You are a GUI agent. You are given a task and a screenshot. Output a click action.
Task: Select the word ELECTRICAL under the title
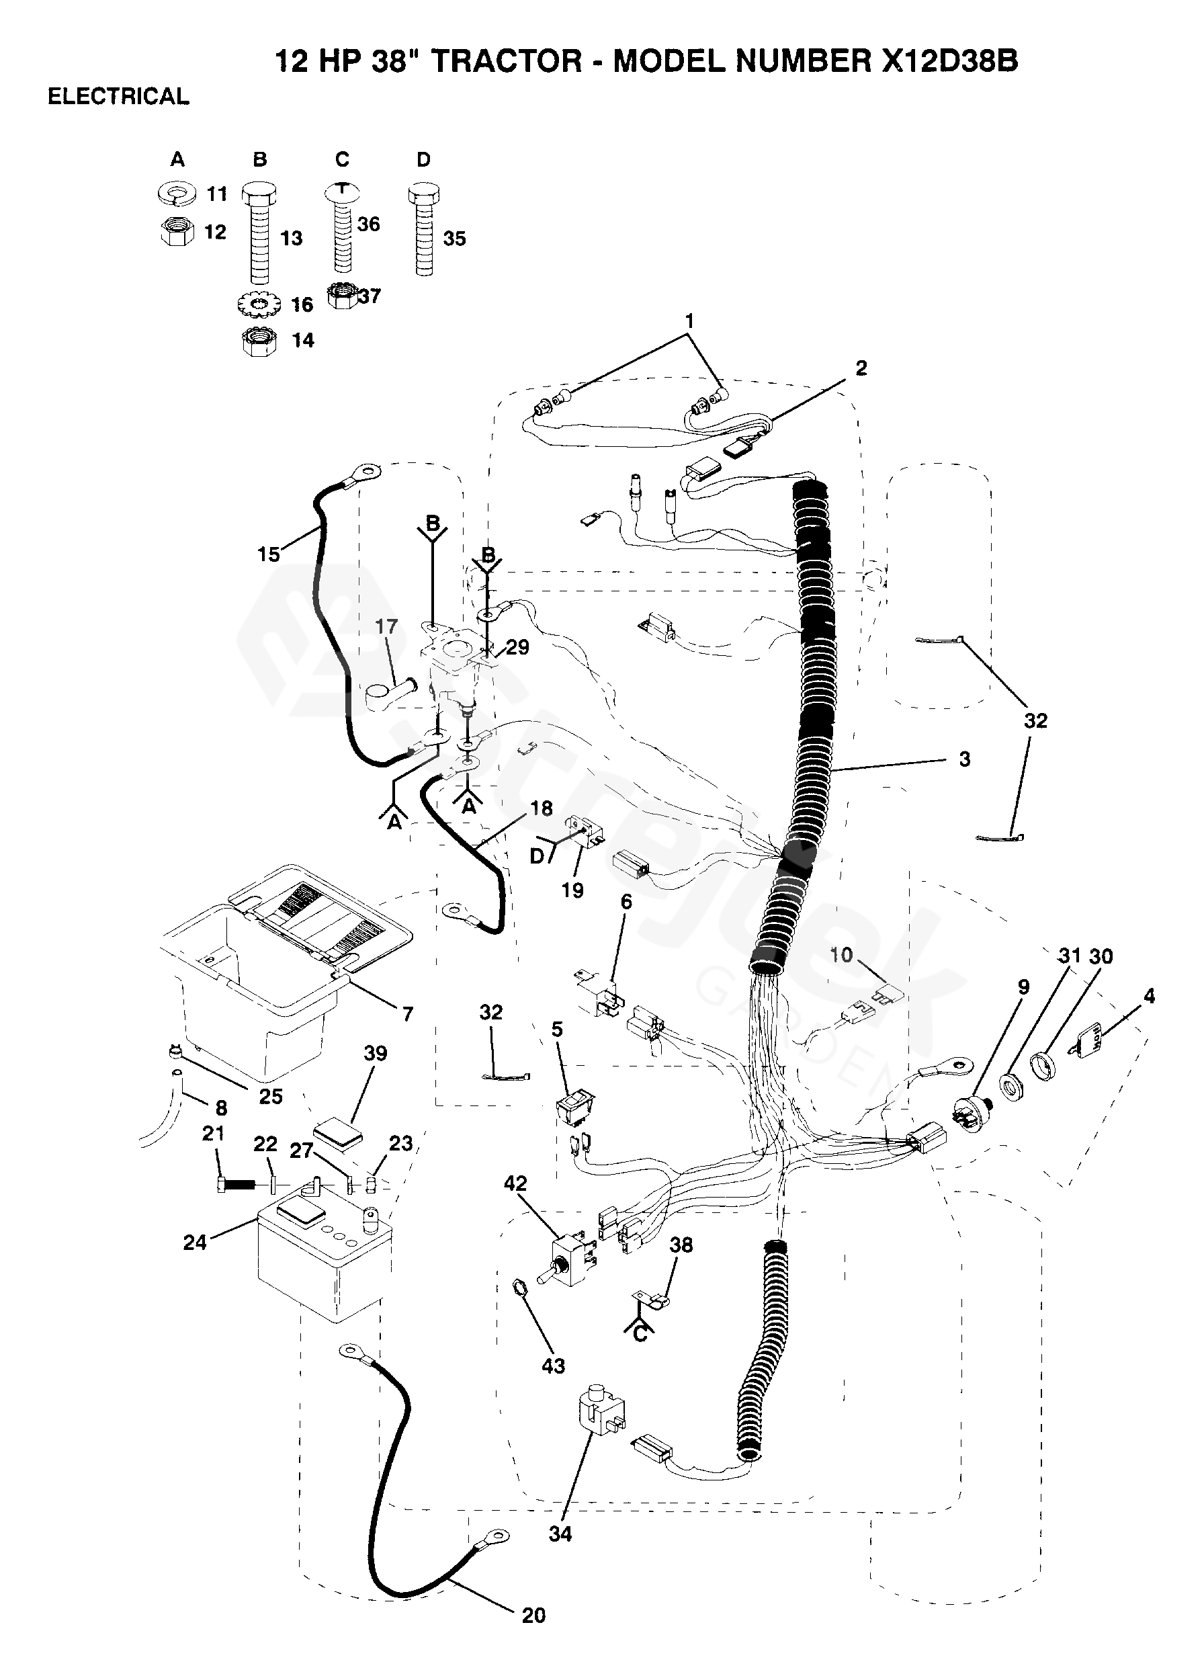(118, 97)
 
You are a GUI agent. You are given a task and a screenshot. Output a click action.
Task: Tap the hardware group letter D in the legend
(423, 159)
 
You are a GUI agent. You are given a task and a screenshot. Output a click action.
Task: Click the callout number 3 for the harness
(965, 759)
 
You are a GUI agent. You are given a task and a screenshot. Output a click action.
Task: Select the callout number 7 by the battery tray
(408, 1015)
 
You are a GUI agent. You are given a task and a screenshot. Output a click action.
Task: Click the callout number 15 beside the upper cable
(269, 554)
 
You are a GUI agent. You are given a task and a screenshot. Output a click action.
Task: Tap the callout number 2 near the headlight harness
(861, 368)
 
